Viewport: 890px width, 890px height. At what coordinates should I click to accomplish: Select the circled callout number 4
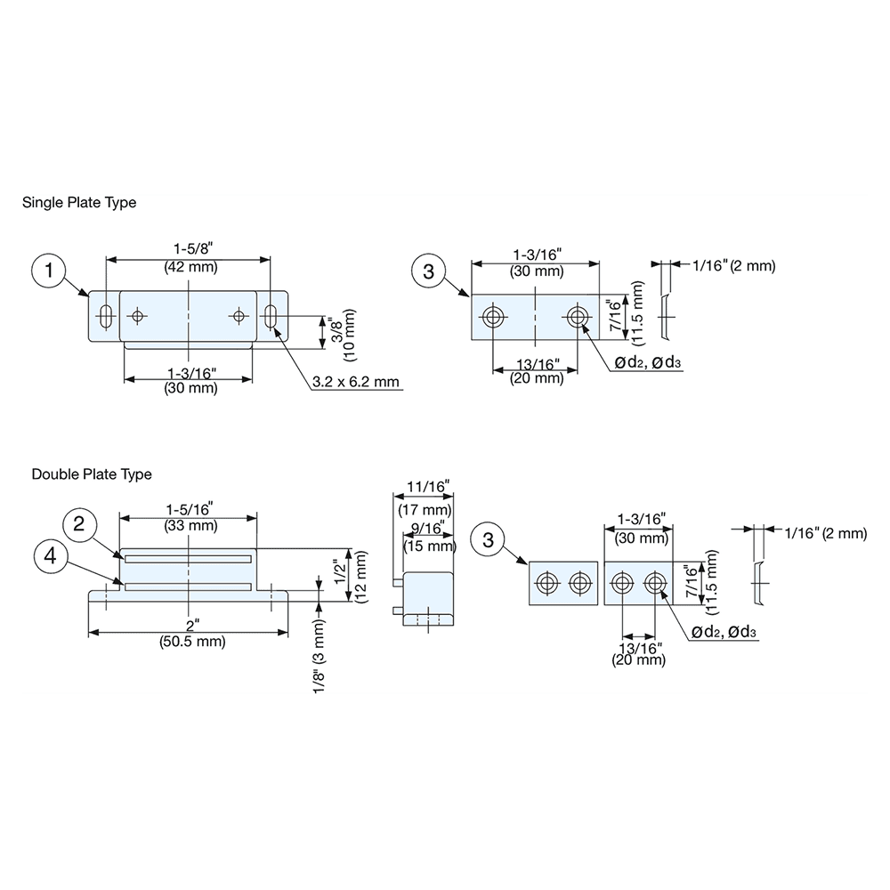point(51,557)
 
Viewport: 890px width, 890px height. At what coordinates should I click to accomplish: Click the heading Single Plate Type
point(79,203)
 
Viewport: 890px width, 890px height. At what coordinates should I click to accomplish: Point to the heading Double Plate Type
point(92,474)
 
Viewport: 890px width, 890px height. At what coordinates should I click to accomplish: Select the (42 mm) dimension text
point(189,267)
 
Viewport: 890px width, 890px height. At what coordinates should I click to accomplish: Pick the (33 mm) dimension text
point(189,525)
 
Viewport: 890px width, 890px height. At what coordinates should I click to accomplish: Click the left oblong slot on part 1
point(106,316)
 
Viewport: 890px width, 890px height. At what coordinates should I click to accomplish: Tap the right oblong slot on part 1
point(271,316)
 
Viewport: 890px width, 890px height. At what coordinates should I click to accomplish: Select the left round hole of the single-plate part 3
point(492,317)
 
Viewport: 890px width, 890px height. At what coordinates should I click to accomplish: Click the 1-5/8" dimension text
point(189,250)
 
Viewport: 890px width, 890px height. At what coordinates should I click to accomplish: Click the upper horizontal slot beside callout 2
point(188,559)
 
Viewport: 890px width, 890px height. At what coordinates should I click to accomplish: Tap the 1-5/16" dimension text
point(189,509)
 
